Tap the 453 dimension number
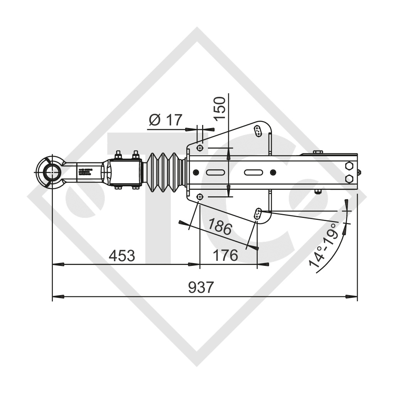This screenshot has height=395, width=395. point(122,255)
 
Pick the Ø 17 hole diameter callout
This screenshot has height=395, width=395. point(165,120)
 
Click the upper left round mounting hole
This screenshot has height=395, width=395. point(199,148)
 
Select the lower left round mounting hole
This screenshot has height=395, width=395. point(199,197)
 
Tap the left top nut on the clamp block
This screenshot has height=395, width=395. point(118,155)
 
